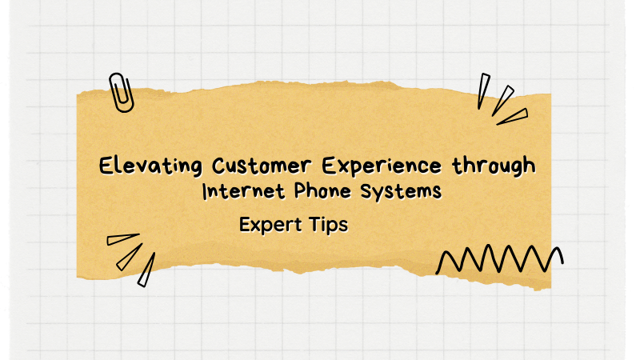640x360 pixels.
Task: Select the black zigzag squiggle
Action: click(499, 260)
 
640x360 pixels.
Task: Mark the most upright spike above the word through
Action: click(483, 90)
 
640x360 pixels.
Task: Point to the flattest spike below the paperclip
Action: click(122, 238)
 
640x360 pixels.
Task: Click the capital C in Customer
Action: click(220, 166)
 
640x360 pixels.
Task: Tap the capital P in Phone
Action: click(291, 192)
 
